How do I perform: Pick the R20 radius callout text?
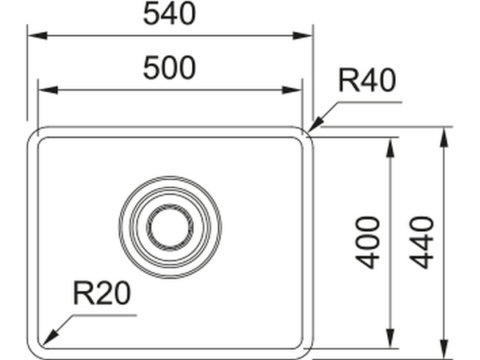coord(101,295)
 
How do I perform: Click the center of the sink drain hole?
coord(169,224)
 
